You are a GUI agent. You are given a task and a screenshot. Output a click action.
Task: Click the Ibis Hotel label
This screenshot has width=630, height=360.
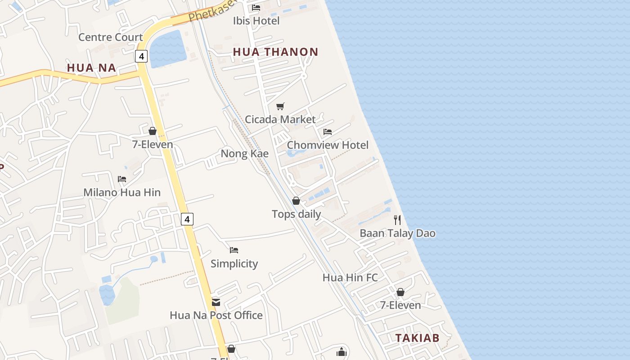point(256,21)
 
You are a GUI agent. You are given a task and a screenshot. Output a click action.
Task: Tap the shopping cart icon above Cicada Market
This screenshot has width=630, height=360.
point(280,106)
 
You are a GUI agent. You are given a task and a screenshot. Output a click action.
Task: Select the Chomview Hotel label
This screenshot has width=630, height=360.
point(327,145)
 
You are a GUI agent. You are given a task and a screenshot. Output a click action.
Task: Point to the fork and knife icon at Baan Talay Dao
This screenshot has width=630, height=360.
point(397,220)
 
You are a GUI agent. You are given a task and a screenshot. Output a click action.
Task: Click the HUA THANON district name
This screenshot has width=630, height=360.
point(275,52)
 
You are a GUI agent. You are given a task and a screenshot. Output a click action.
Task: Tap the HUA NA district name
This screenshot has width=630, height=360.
point(91,68)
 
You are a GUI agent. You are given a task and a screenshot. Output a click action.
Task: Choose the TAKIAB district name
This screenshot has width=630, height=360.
point(417,338)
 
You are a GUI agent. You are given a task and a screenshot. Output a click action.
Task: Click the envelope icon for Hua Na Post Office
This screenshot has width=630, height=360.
point(216,302)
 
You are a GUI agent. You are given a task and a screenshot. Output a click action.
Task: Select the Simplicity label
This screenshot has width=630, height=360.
point(234,264)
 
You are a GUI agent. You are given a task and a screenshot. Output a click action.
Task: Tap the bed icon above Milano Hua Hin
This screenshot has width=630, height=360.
point(122,179)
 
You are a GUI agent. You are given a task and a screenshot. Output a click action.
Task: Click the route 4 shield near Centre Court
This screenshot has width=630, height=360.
point(141,56)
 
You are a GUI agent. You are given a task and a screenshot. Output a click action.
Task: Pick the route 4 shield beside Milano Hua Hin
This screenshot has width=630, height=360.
point(187,219)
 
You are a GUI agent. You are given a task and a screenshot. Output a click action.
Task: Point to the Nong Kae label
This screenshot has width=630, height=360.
point(244,154)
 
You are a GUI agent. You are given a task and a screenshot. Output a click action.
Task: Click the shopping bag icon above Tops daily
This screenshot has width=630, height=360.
point(296,201)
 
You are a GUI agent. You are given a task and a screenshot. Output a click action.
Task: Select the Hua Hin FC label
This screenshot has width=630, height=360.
point(350,278)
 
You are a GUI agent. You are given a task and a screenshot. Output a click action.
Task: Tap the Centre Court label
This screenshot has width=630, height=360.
point(110,37)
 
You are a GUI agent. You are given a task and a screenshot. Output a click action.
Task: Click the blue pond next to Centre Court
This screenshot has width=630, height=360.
point(167,48)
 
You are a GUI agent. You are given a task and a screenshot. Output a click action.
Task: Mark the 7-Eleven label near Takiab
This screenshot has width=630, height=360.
point(400,305)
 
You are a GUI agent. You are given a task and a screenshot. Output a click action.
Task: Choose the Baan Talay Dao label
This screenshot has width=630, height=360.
point(397,233)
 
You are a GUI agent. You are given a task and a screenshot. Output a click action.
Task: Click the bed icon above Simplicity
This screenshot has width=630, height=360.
point(234,250)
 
